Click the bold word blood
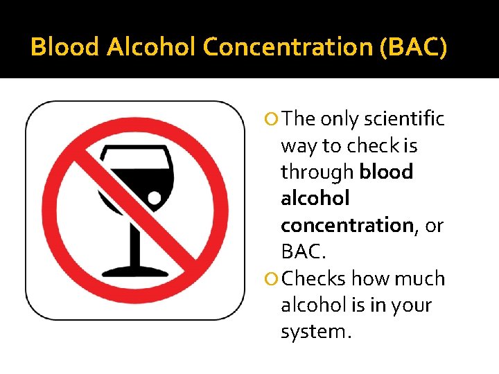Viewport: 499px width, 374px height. [387, 172]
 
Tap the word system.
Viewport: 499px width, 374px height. [315, 332]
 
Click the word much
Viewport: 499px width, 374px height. [419, 278]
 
